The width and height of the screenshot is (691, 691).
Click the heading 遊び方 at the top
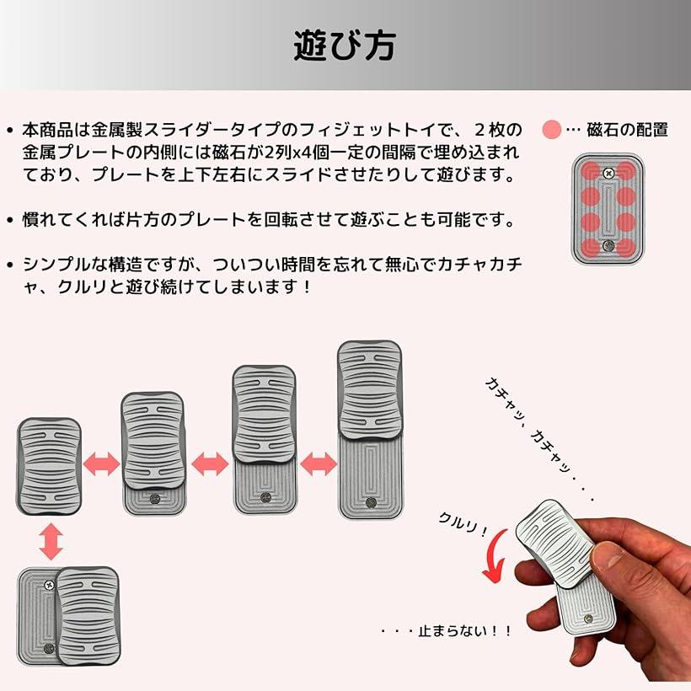coord(345,46)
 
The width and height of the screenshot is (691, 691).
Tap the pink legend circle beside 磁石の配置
coord(552,130)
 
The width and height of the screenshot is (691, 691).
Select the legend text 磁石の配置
coord(627,130)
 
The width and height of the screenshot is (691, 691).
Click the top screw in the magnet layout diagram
coord(608,171)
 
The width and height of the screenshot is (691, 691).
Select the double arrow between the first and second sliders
coord(102,463)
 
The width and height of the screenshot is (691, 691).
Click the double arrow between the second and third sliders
coord(210,463)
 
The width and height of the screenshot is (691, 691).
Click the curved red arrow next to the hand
coord(495,560)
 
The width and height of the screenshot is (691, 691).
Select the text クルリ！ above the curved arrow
coord(463,526)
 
